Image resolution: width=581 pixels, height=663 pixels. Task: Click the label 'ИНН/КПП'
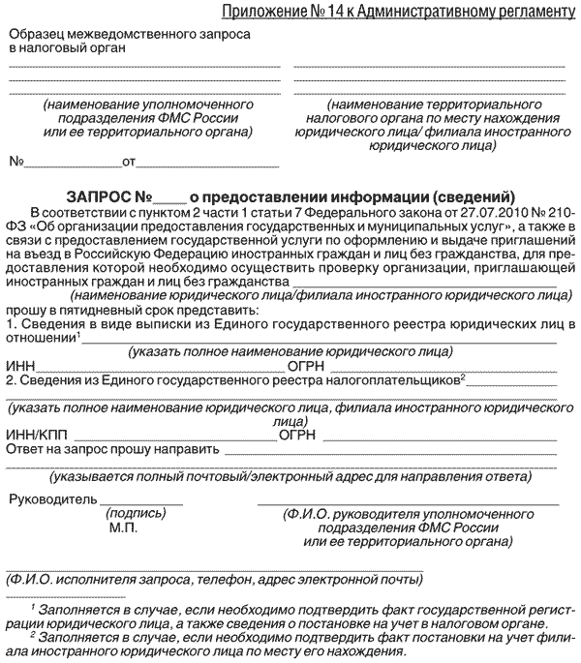click(x=32, y=435)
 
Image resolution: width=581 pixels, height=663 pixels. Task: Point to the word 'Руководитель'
click(x=53, y=499)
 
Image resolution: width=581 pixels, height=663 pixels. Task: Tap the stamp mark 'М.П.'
click(x=124, y=528)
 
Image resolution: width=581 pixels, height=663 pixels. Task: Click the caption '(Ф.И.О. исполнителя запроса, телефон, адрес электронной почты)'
click(x=214, y=580)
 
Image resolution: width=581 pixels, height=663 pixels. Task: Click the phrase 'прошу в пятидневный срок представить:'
click(x=133, y=309)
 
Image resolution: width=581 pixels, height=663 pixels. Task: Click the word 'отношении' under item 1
click(x=39, y=337)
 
